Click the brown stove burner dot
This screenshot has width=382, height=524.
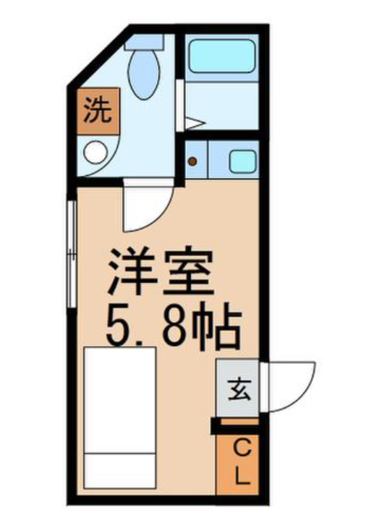(x=192, y=161)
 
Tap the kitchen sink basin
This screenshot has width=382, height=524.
(x=242, y=161)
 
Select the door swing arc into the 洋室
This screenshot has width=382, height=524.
(x=145, y=206)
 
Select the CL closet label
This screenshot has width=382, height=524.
(x=238, y=463)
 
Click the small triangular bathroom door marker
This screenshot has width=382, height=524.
(x=192, y=122)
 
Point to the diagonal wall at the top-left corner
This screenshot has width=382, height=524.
(x=101, y=58)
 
